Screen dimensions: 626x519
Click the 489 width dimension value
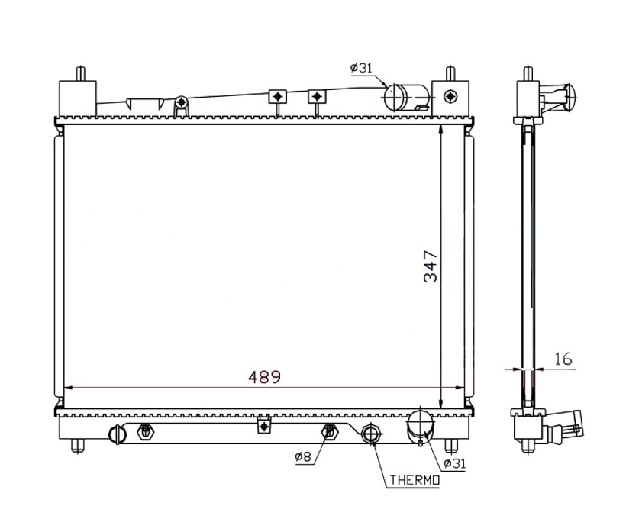point(264,376)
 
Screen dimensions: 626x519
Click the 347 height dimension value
point(431,266)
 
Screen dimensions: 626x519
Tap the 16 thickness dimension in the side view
point(563,359)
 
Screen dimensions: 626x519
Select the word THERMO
point(415,479)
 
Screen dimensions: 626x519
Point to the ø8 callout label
point(303,456)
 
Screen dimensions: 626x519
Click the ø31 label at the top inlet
point(361,68)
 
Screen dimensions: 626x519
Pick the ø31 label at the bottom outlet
point(455,463)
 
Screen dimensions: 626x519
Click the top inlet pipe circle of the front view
point(395,98)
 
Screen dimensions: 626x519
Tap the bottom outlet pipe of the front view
point(420,427)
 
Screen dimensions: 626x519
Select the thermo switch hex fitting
point(371,434)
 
